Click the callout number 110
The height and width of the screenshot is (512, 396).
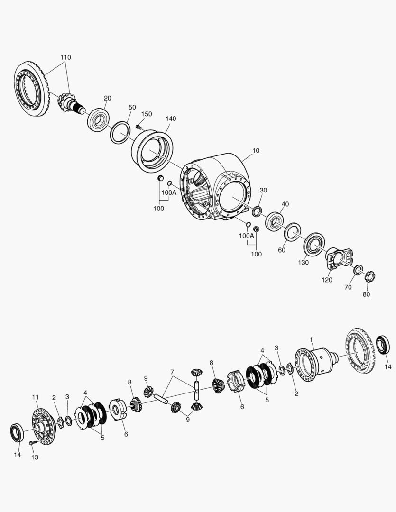coord(65,57)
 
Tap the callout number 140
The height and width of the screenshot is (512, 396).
coord(171,119)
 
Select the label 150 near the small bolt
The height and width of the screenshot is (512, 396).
coord(147,114)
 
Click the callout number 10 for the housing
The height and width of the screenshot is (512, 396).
coord(256,151)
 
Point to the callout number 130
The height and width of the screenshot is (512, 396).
coord(303,262)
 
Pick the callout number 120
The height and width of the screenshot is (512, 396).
coord(327,280)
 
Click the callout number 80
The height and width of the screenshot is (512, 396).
coord(366,294)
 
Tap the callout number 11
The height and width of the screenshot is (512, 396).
coord(35,397)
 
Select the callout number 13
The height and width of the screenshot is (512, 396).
coord(35,457)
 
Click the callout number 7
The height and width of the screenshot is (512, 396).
coord(172,372)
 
